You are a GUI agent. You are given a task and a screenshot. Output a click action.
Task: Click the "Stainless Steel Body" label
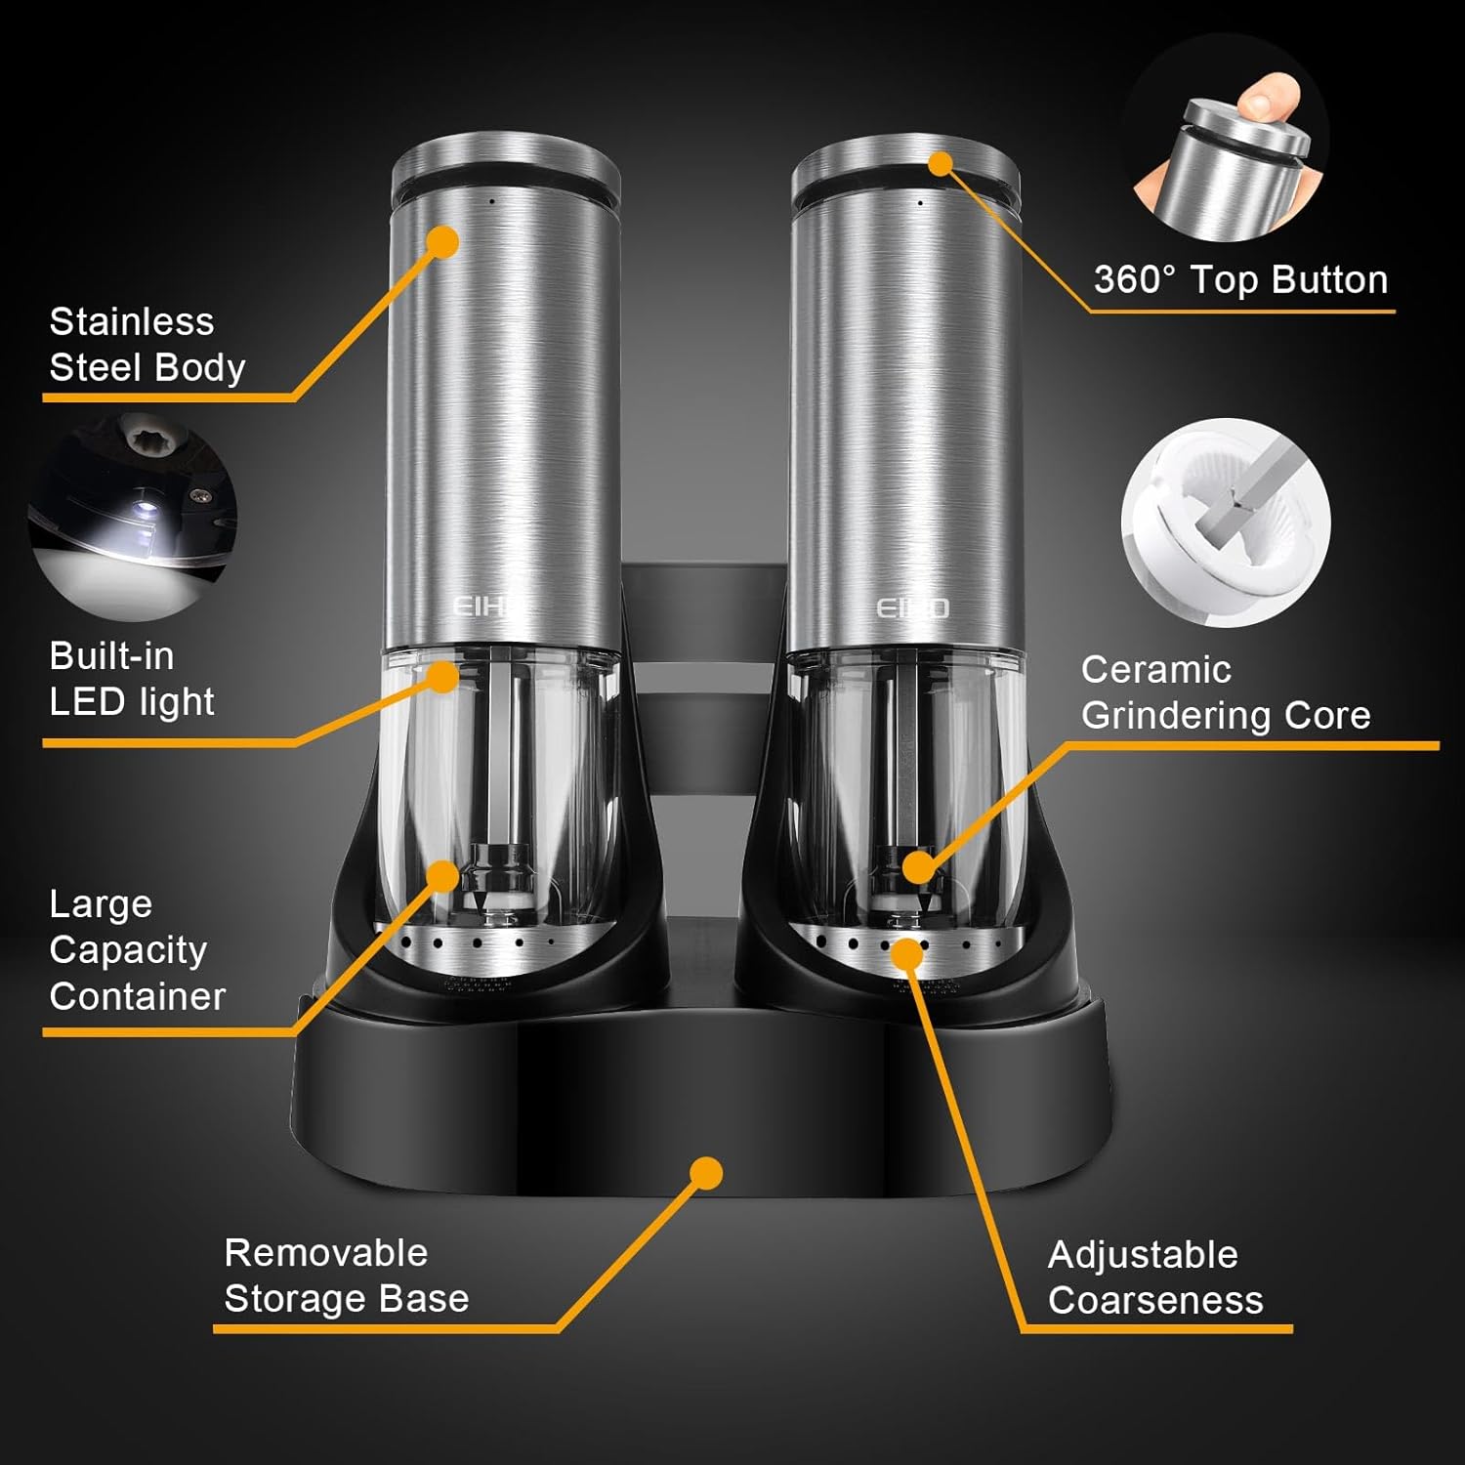146,345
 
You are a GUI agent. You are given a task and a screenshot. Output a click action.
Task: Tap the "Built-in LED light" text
132,679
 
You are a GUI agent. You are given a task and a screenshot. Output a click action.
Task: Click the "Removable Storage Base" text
346,1276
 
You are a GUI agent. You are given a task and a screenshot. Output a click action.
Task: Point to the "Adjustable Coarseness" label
1154,1277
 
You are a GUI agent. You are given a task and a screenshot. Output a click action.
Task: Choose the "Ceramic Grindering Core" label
1225,692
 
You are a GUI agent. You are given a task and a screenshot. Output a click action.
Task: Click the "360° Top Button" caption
1239,280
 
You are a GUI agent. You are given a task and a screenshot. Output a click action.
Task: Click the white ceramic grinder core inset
1226,522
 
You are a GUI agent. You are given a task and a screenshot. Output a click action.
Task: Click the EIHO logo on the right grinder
911,608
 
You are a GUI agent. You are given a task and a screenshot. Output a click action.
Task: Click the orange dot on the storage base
706,1173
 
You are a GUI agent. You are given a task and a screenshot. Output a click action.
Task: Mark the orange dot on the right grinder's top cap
940,163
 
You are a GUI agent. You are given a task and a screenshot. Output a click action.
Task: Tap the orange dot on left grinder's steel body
443,242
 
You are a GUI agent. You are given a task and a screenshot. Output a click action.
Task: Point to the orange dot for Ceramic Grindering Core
917,866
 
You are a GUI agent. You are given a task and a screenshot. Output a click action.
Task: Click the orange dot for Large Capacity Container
443,876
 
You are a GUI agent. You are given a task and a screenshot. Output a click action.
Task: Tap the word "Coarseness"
1154,1301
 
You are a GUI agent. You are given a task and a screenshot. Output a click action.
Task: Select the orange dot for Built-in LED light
443,676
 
